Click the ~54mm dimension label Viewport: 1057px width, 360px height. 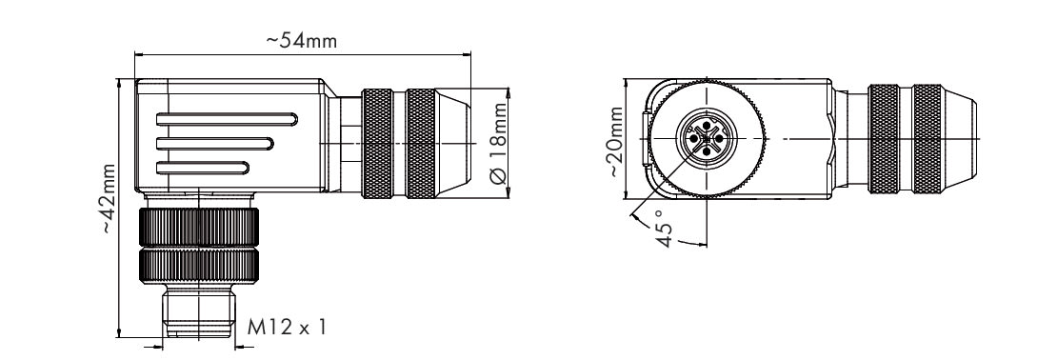[301, 40]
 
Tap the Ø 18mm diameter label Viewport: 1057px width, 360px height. [498, 143]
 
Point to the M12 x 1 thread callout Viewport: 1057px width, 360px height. [287, 328]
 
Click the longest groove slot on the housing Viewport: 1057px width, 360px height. [227, 119]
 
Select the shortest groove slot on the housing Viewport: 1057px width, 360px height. [202, 168]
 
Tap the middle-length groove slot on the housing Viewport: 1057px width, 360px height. [214, 144]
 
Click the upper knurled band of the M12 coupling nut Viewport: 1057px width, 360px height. [199, 228]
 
